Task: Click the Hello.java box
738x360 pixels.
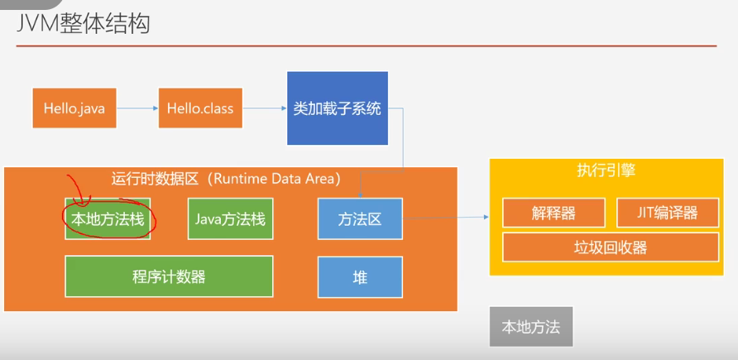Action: click(74, 108)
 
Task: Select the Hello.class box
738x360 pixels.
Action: click(200, 108)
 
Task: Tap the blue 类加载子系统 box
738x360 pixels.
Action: click(338, 108)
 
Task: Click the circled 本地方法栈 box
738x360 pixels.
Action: click(108, 218)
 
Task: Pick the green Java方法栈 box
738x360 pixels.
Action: click(230, 218)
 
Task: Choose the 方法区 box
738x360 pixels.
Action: click(360, 218)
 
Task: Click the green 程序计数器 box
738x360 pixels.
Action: click(169, 276)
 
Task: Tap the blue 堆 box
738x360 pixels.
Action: click(360, 277)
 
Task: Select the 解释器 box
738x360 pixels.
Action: click(554, 213)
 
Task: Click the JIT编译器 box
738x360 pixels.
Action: click(668, 213)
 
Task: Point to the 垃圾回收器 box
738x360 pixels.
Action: click(611, 247)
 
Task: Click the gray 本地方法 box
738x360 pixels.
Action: click(531, 327)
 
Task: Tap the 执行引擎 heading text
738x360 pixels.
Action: click(606, 170)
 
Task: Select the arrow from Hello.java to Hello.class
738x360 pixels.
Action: click(137, 108)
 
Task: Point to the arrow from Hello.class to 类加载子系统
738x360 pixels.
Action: click(265, 108)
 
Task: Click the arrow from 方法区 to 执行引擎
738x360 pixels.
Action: click(446, 218)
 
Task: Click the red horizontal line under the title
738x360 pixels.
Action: click(367, 46)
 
